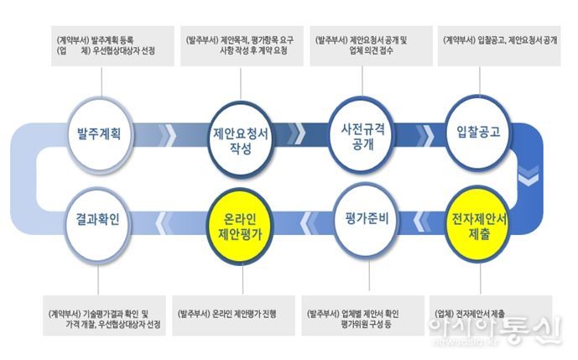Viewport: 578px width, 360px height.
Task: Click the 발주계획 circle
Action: tap(102, 134)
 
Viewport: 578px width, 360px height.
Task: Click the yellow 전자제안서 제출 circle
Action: tap(479, 222)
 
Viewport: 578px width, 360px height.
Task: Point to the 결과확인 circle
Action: tap(102, 222)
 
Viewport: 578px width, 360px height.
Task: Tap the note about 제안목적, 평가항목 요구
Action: tap(239, 44)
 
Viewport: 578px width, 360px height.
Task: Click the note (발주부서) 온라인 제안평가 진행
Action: tap(228, 313)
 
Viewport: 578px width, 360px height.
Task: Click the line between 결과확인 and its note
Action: tap(102, 273)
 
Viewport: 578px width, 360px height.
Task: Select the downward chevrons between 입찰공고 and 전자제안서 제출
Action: tap(529, 178)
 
